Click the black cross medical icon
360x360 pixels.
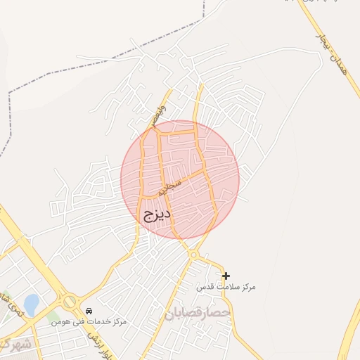[226, 276]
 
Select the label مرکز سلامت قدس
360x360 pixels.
[226, 288]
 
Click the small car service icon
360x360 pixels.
[89, 311]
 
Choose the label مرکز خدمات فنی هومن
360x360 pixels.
[88, 322]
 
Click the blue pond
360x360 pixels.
[31, 304]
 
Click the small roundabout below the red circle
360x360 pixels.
[193, 254]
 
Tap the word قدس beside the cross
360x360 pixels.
[204, 288]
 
